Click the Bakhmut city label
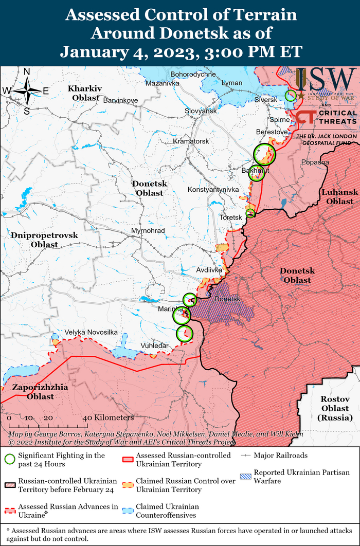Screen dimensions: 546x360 point(255,170)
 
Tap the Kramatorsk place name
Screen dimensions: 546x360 point(191,141)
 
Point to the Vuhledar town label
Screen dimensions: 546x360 point(155,346)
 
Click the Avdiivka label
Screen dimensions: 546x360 point(209,269)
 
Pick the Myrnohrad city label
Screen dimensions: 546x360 point(148,231)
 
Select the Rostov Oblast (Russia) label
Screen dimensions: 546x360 point(334,409)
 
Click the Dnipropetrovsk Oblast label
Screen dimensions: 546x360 point(44,240)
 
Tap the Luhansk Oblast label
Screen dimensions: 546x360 point(339,197)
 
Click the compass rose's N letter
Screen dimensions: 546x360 point(27,72)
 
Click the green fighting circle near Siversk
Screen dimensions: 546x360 point(291,95)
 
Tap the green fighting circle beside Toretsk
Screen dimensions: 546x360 point(250,213)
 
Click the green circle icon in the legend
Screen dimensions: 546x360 point(10,460)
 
